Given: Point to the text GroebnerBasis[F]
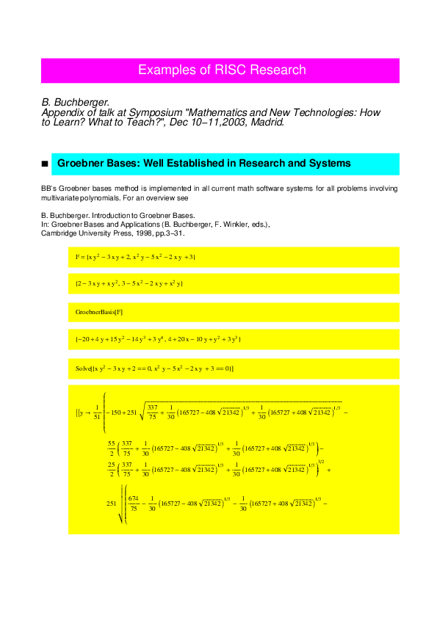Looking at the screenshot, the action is tap(99, 312).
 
